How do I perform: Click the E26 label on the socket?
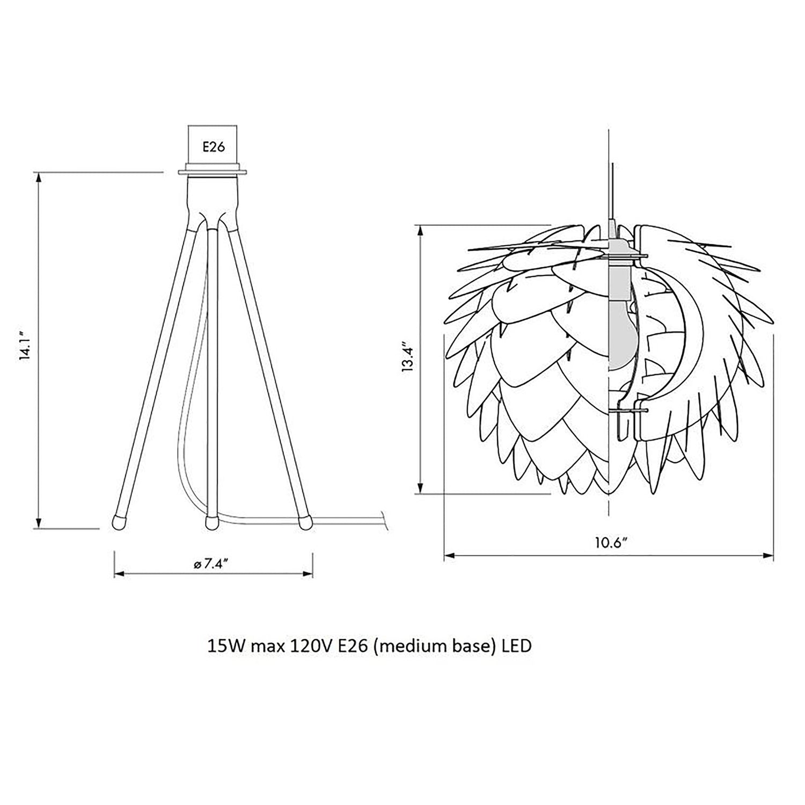[x=213, y=147]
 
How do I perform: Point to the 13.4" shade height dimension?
[x=409, y=358]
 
